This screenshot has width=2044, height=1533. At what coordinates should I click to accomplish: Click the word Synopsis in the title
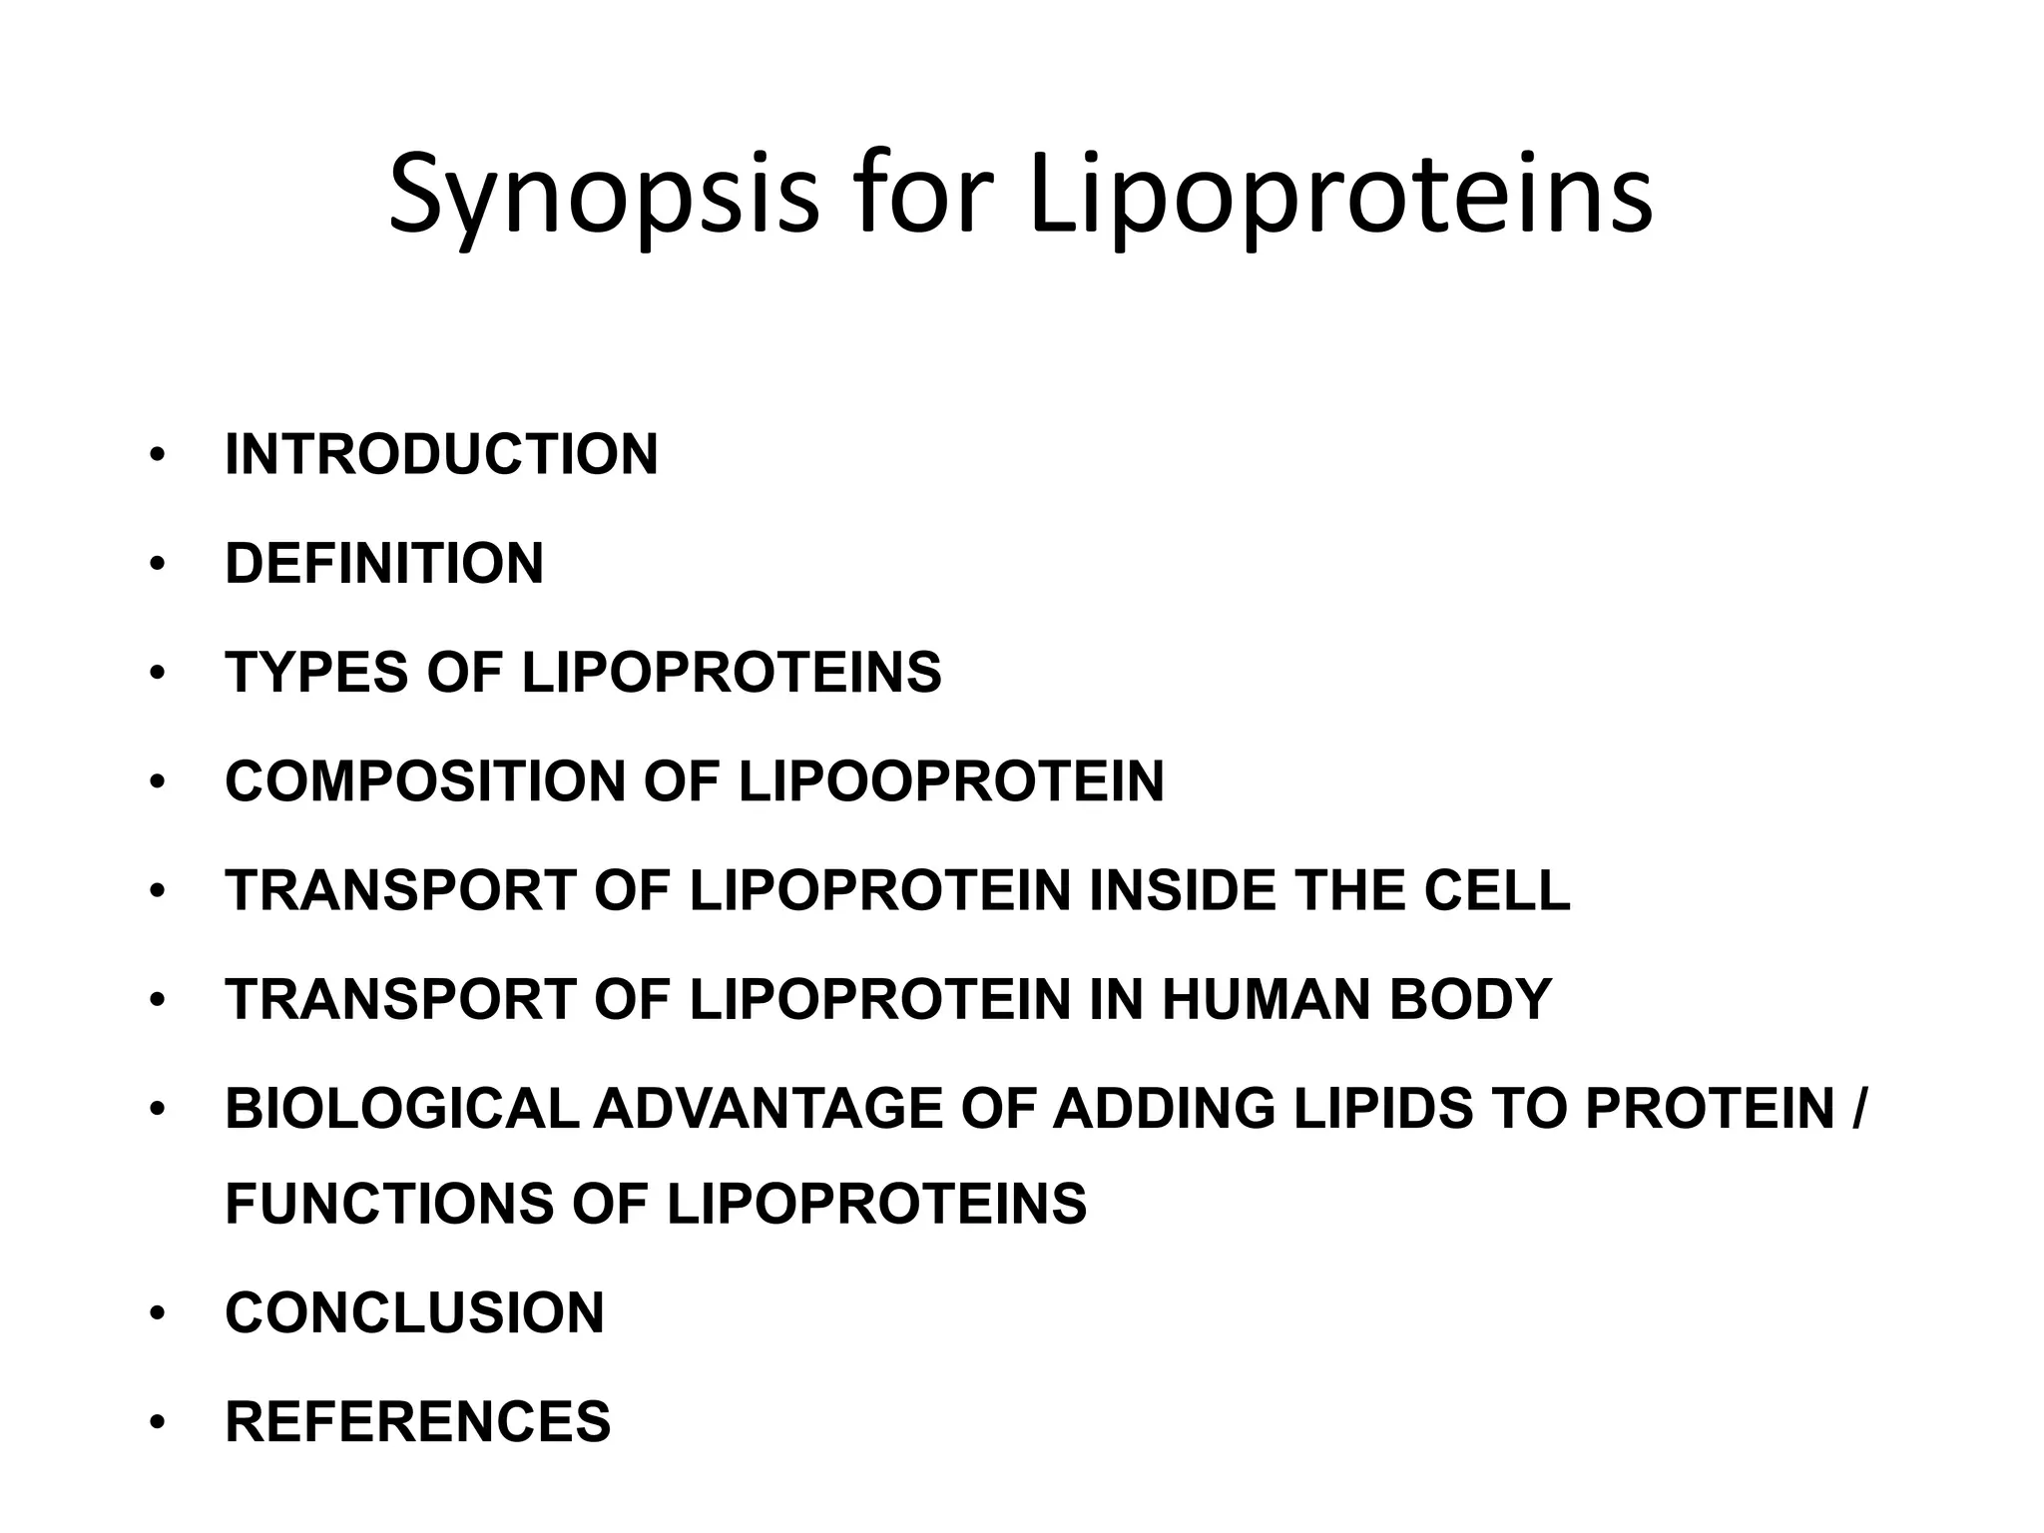click(603, 196)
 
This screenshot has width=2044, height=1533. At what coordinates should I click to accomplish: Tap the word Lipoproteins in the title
click(1340, 196)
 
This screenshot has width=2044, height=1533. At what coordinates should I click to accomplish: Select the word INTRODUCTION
click(441, 455)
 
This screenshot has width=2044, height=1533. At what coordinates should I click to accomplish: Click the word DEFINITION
click(384, 564)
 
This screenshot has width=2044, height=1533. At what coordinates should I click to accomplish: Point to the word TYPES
click(316, 673)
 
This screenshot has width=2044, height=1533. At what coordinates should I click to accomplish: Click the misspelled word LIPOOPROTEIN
click(951, 781)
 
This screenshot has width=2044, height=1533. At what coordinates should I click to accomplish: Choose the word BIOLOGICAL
click(401, 1109)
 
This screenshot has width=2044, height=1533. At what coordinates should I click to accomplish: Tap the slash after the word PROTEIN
click(1856, 1109)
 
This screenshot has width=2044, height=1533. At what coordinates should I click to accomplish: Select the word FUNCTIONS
click(388, 1204)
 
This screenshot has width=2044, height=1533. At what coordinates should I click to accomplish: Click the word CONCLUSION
click(414, 1312)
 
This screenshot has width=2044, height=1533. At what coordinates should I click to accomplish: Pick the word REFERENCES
click(417, 1421)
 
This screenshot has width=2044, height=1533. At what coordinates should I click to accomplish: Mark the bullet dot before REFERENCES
click(156, 1423)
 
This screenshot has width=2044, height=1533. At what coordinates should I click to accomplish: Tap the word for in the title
click(922, 196)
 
